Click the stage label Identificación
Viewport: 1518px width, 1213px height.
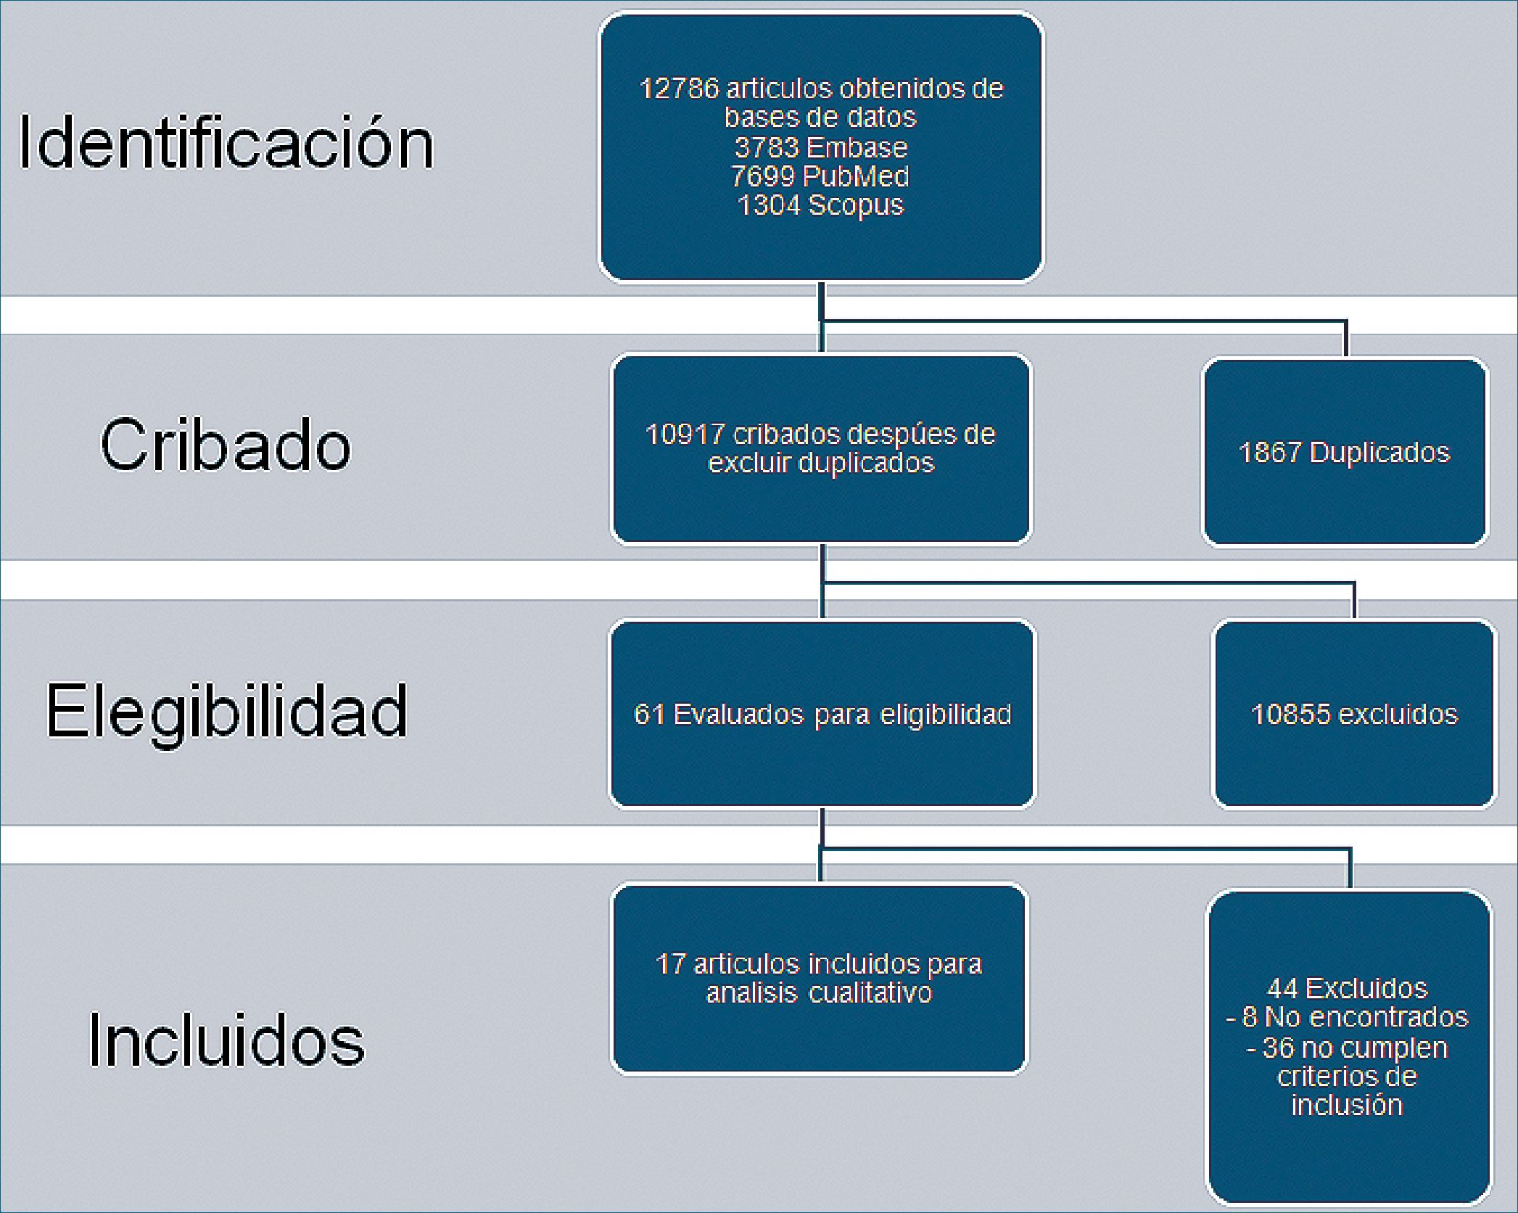point(226,143)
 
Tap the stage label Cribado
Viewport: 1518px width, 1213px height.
point(226,444)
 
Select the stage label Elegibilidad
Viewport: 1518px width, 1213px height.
point(227,711)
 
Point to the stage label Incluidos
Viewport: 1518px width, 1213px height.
point(226,1040)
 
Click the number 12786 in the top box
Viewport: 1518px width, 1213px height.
point(679,89)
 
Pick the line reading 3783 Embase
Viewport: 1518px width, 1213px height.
point(821,147)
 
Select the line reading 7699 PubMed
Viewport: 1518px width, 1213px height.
point(820,176)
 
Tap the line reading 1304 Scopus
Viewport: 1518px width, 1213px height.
point(820,205)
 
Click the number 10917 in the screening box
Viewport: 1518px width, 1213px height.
point(685,434)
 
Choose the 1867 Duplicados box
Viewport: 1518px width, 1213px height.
point(1345,452)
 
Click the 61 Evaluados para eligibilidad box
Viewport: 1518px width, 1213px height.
point(822,715)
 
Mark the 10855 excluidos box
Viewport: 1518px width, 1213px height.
point(1354,715)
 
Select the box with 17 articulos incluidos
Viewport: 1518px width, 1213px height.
point(819,978)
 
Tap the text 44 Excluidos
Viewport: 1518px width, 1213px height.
point(1347,988)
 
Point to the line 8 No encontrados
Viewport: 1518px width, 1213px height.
point(1347,1017)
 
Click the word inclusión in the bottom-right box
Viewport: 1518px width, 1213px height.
point(1347,1105)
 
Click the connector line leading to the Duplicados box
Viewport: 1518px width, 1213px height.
point(1088,321)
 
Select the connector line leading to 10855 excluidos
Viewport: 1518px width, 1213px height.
point(1088,583)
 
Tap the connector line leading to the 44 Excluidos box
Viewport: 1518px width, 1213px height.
point(1088,847)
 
